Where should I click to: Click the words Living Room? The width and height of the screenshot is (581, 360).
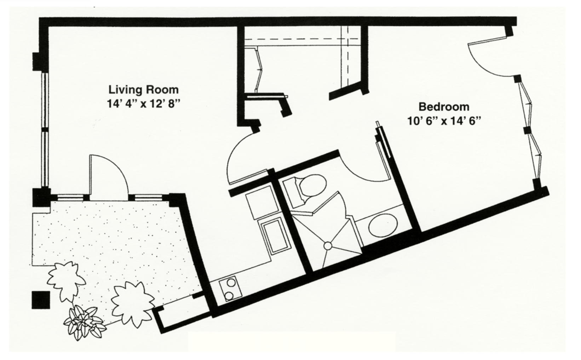pos(143,90)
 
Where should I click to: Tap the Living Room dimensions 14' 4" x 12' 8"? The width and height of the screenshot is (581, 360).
pos(143,104)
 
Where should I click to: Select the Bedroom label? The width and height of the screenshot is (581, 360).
pos(444,107)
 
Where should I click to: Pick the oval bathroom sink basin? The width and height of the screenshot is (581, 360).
pos(383,225)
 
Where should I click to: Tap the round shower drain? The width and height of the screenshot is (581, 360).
pos(328,245)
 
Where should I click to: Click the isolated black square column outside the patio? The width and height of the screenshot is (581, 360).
pos(41,300)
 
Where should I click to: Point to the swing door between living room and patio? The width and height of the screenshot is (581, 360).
pos(109,177)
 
